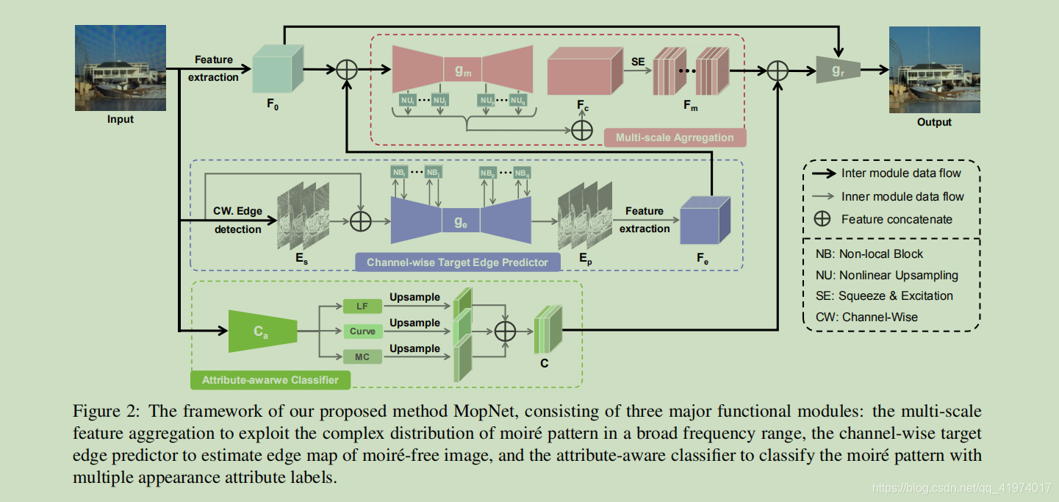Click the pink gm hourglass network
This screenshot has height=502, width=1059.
(462, 71)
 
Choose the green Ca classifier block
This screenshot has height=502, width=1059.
(262, 331)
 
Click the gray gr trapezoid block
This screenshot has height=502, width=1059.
(838, 71)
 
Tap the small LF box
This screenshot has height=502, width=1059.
(362, 306)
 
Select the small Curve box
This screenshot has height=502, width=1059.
(362, 331)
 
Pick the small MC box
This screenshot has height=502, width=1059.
(362, 357)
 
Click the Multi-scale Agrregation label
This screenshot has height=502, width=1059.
(675, 137)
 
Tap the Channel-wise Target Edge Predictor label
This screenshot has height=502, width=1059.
(457, 262)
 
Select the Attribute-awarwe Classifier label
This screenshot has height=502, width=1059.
(270, 380)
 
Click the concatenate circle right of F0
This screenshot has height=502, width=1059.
(346, 71)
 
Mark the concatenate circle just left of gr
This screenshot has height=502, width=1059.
(777, 71)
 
